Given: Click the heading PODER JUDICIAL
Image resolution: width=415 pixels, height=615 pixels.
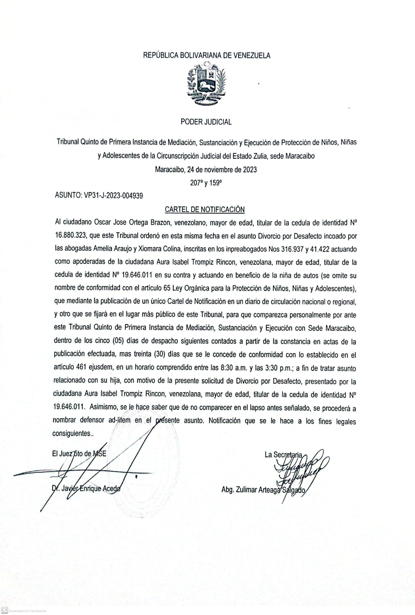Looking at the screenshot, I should click(x=206, y=122).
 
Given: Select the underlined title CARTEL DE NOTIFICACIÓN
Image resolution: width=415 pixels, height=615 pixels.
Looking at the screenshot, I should click(x=204, y=209).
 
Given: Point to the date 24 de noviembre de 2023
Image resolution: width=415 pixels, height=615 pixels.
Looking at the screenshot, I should click(x=222, y=169).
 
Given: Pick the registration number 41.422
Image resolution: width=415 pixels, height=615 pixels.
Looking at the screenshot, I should click(x=325, y=249).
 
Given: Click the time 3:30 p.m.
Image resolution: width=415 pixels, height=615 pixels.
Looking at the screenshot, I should click(x=277, y=368).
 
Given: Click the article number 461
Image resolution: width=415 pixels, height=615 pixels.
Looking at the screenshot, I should click(x=82, y=368).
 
